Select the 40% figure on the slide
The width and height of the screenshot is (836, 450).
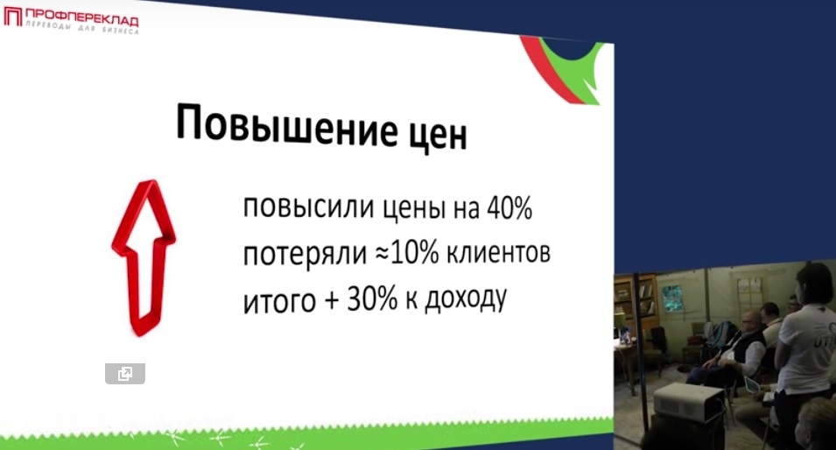coord(509,207)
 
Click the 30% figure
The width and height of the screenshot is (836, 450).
coord(372,299)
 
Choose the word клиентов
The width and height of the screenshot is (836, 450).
coord(498,253)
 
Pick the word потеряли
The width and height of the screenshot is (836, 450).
coord(305,254)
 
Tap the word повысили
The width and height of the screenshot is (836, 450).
coord(309,207)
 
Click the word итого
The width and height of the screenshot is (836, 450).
coord(280,301)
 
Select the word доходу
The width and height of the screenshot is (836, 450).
coord(466,299)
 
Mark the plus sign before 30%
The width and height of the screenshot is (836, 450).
coord(331,300)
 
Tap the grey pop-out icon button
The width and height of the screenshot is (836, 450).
coord(125,373)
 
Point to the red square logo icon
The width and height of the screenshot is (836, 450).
coord(13,17)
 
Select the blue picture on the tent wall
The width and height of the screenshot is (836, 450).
coord(671,299)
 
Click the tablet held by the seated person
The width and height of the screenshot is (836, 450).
coord(752,383)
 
